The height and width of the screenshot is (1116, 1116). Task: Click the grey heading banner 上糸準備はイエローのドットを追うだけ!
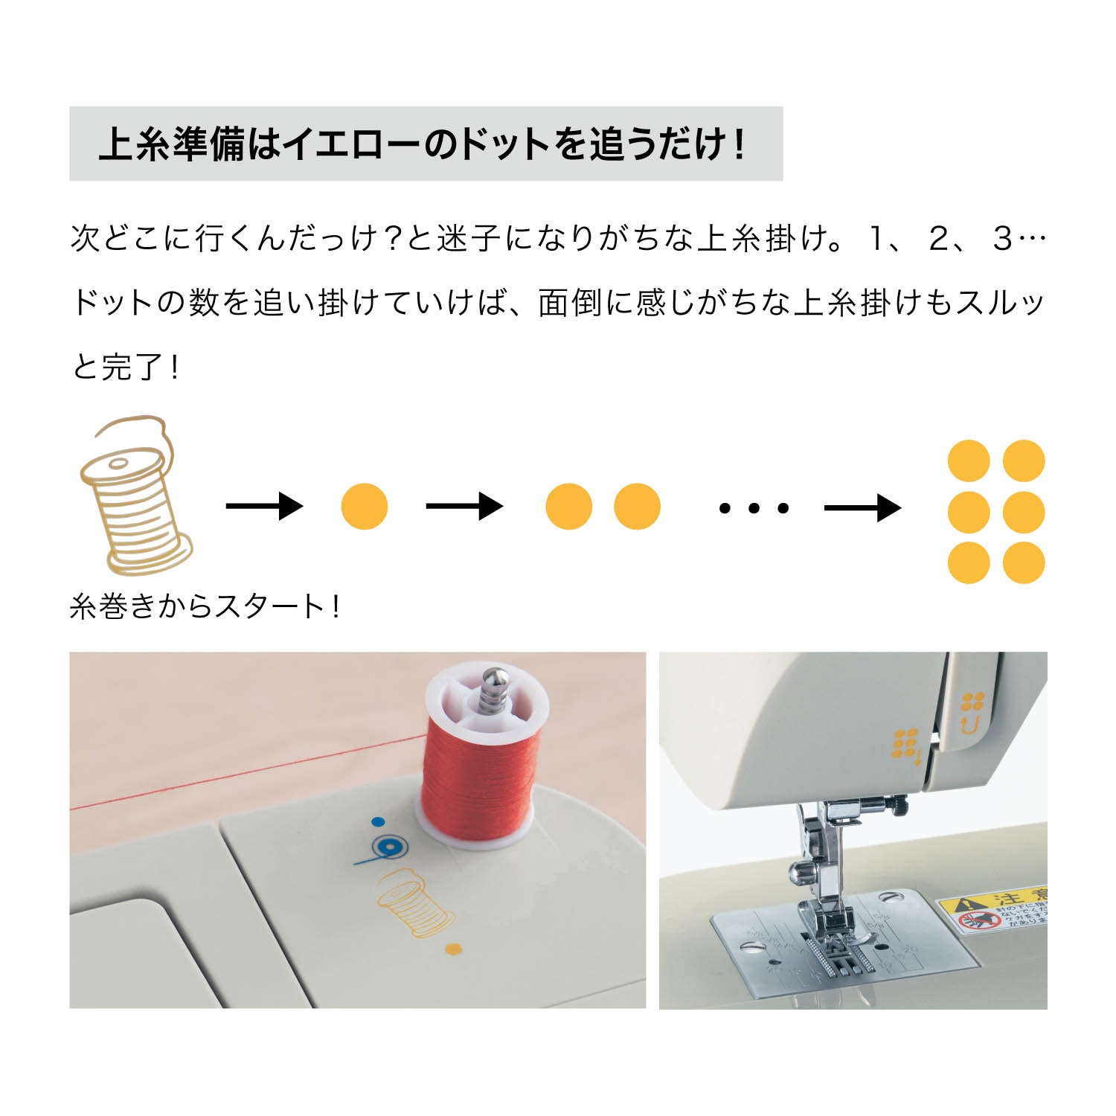(426, 144)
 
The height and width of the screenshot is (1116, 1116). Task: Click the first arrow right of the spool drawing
(264, 507)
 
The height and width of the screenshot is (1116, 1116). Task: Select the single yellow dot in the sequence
(365, 507)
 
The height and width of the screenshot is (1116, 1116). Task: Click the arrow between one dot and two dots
(464, 507)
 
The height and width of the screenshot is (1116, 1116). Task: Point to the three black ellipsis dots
(754, 508)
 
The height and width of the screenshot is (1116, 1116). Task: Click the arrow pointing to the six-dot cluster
(862, 508)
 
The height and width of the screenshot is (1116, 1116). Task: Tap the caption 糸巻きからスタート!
(205, 606)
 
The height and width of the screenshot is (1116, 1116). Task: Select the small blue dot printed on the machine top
(378, 822)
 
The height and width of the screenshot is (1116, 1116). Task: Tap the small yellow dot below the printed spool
(452, 949)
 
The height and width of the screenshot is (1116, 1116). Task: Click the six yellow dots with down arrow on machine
(906, 745)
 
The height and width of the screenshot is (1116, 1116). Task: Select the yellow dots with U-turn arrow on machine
(972, 711)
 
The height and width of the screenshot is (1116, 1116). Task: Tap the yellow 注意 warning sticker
(993, 911)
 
